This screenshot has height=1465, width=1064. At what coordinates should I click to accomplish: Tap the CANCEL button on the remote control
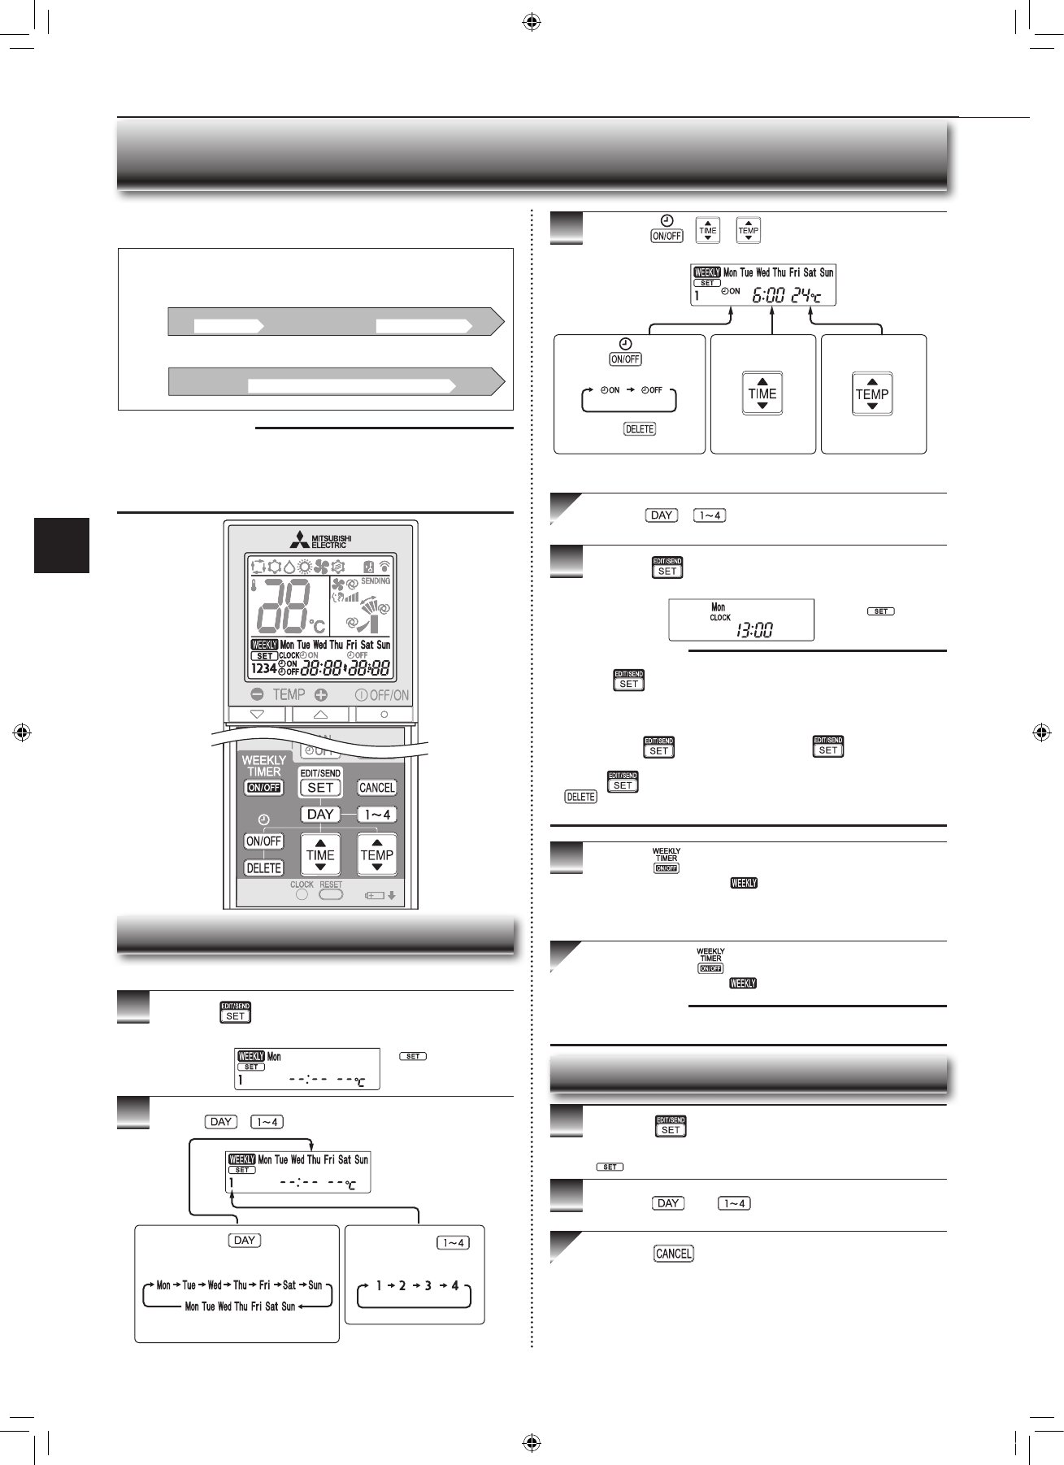click(x=376, y=788)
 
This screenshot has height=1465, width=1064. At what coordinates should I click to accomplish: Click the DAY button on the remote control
click(x=320, y=814)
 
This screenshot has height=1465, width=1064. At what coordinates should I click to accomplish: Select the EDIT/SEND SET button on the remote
click(x=320, y=787)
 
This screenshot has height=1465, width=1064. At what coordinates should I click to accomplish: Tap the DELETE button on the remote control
click(x=263, y=867)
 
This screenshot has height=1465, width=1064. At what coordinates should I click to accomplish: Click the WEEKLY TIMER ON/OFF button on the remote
click(x=263, y=787)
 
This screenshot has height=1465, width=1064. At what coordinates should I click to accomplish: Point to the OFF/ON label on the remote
click(x=383, y=695)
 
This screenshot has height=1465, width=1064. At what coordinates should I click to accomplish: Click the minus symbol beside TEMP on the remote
click(x=257, y=695)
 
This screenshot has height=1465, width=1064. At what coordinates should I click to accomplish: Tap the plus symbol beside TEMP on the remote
click(x=321, y=695)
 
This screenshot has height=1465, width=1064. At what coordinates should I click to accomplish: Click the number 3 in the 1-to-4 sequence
click(x=428, y=1285)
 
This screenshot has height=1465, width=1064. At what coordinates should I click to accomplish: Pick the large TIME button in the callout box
click(x=762, y=394)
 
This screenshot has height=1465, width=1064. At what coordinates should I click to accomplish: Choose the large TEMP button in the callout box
click(x=872, y=394)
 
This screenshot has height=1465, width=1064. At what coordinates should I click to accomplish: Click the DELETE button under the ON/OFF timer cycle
click(x=640, y=428)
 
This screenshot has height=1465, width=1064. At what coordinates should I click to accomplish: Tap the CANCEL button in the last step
click(x=673, y=1254)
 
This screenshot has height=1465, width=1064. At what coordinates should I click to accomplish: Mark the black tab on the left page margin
click(x=62, y=546)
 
